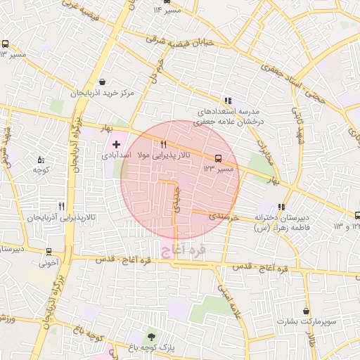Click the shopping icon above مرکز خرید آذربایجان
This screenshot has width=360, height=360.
pyautogui.click(x=103, y=82)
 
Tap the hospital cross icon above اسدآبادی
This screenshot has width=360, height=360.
pyautogui.click(x=117, y=144)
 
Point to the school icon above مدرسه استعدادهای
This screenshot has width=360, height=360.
pyautogui.click(x=227, y=101)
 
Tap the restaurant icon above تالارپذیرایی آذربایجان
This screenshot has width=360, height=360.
pyautogui.click(x=62, y=206)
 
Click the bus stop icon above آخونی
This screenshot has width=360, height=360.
pyautogui.click(x=49, y=251)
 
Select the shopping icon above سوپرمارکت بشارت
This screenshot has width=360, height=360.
pyautogui.click(x=307, y=311)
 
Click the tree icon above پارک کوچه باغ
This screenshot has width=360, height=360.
pyautogui.click(x=150, y=336)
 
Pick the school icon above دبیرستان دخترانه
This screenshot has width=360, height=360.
pyautogui.click(x=282, y=207)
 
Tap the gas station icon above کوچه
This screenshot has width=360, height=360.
pyautogui.click(x=40, y=159)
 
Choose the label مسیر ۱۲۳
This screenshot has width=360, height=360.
pyautogui.click(x=219, y=169)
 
